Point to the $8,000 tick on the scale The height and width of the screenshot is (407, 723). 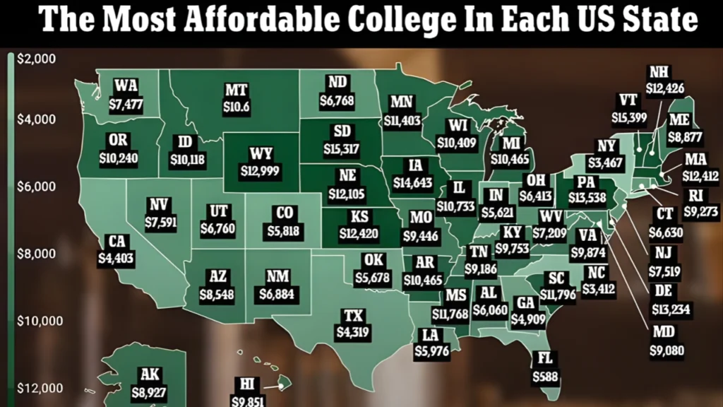point(35,254)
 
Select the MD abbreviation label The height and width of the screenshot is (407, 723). point(663,332)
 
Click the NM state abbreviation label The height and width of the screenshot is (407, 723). point(275,276)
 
